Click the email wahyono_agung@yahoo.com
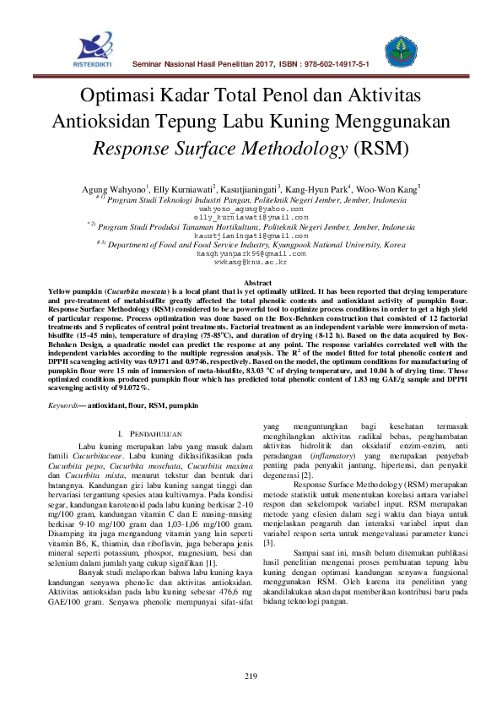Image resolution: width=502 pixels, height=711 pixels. pos(249,207)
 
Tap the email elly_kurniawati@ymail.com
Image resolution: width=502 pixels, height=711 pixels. pos(249,216)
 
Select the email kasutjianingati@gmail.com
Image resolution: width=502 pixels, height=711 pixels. pos(249,236)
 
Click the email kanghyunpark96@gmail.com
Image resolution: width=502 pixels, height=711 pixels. pos(251,253)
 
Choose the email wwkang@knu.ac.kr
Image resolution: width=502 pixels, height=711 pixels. pos(251,263)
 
